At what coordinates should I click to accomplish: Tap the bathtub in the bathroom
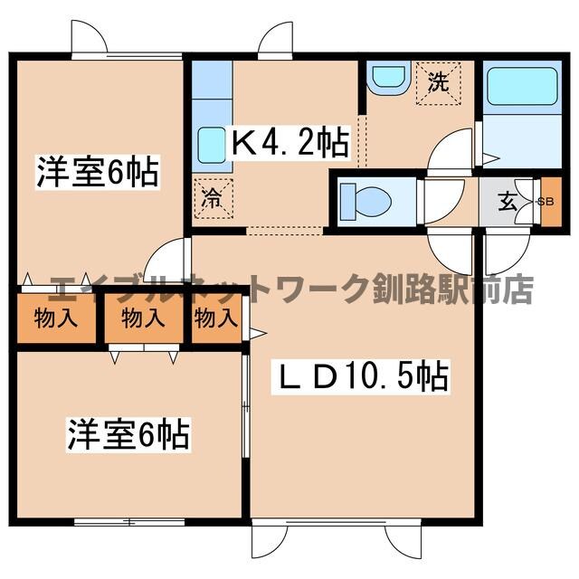pyautogui.click(x=511, y=90)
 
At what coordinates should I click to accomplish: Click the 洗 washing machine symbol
pyautogui.click(x=438, y=82)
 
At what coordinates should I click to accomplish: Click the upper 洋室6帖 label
pyautogui.click(x=98, y=171)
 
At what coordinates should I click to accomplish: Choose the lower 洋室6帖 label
pyautogui.click(x=127, y=435)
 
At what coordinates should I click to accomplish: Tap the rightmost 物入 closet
pyautogui.click(x=215, y=318)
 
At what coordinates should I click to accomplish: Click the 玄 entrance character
pyautogui.click(x=508, y=201)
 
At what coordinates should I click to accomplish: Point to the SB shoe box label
pyautogui.click(x=546, y=201)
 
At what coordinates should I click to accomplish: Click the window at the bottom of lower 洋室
pyautogui.click(x=128, y=521)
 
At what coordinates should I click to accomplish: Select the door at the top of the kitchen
pyautogui.click(x=275, y=41)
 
